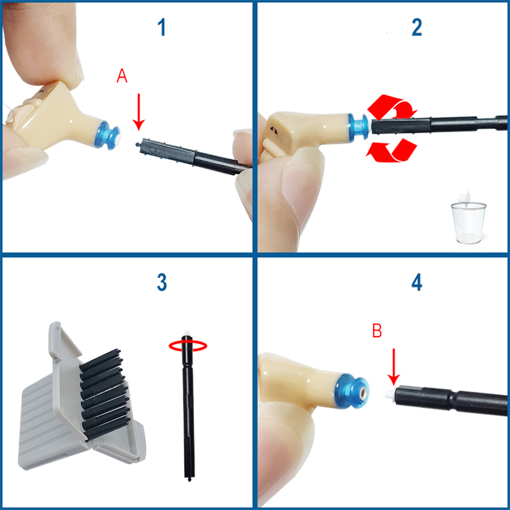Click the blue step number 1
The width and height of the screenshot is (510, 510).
click(x=162, y=28)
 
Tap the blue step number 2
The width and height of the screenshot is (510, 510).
click(x=417, y=28)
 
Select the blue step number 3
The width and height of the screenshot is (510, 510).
click(x=162, y=283)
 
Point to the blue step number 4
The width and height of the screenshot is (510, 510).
click(x=417, y=283)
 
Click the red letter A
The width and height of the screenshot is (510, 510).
click(x=122, y=76)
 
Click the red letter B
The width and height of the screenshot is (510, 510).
click(x=377, y=331)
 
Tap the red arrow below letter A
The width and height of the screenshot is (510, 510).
click(x=139, y=112)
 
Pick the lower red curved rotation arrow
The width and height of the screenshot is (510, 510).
click(x=392, y=150)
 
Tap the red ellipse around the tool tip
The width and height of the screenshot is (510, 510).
click(x=188, y=346)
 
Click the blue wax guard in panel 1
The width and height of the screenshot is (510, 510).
click(x=107, y=135)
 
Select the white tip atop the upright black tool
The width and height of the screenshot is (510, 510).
click(x=186, y=333)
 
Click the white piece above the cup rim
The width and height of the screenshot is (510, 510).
click(x=464, y=198)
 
